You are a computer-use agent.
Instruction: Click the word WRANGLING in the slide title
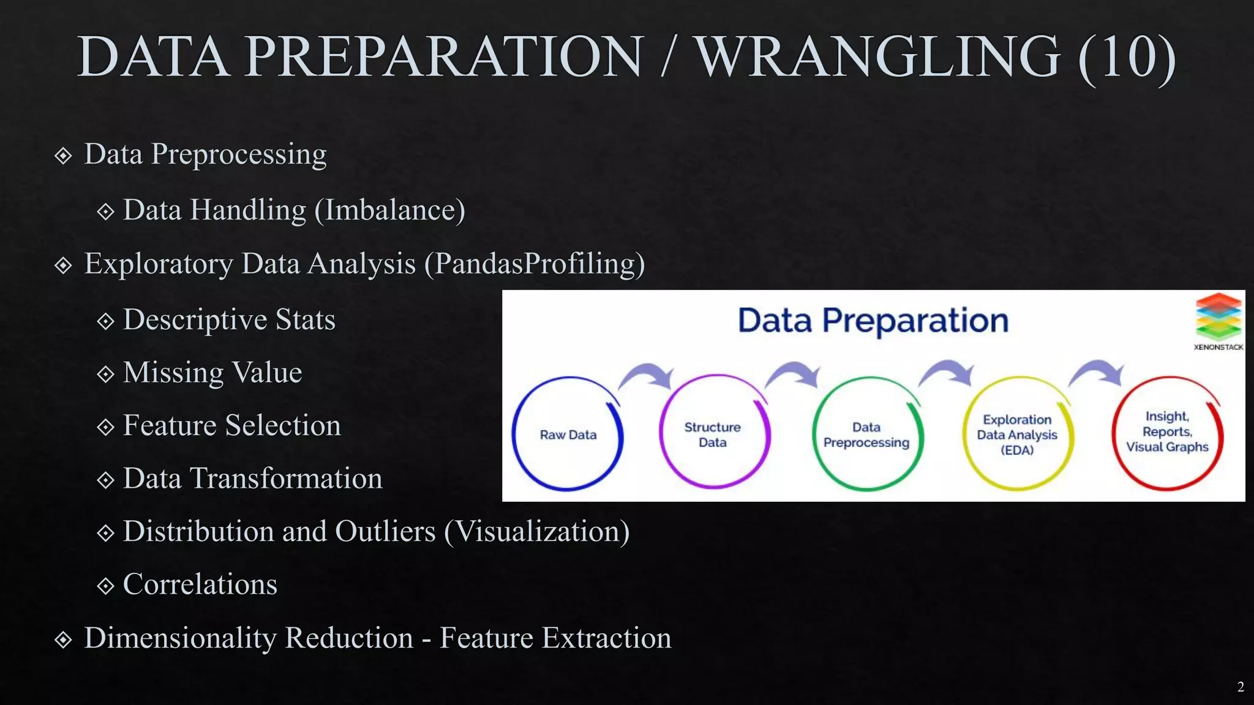point(878,57)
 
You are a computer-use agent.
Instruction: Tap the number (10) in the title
point(1127,57)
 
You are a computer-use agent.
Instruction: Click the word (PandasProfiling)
point(534,264)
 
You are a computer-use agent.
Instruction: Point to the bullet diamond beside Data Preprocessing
point(63,155)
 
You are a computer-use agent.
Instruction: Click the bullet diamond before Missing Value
point(105,374)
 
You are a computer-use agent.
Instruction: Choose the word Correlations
point(200,584)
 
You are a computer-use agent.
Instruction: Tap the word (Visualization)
point(536,531)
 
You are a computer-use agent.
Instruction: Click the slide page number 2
point(1240,687)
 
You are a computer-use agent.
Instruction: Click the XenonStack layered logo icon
point(1218,316)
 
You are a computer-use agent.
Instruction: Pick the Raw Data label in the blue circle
point(568,435)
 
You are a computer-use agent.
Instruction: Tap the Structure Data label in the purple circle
point(712,435)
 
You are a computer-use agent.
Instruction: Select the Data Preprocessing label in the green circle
point(866,435)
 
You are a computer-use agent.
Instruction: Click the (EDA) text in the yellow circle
point(1016,450)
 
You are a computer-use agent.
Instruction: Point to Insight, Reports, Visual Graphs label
point(1167,431)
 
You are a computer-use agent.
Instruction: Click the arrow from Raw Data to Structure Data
point(648,375)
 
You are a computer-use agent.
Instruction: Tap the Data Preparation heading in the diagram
point(873,321)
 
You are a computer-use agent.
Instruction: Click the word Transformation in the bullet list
point(287,479)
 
